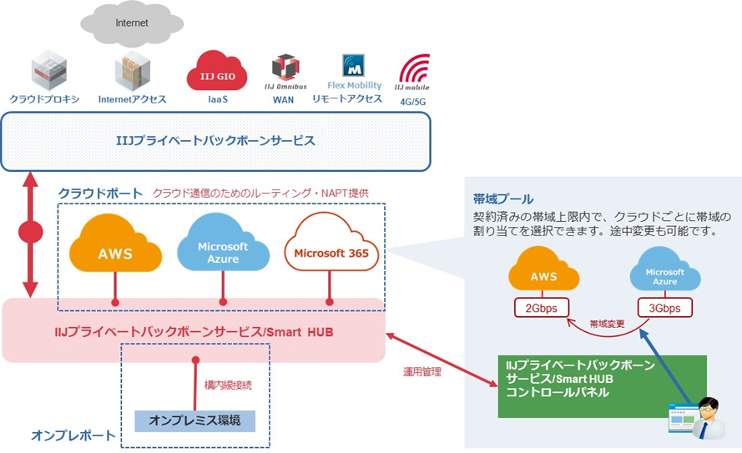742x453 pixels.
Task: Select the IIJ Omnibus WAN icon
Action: (285, 67)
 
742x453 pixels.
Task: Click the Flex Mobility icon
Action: (354, 66)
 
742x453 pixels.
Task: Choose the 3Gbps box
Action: (664, 308)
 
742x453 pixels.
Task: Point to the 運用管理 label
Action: (421, 372)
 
